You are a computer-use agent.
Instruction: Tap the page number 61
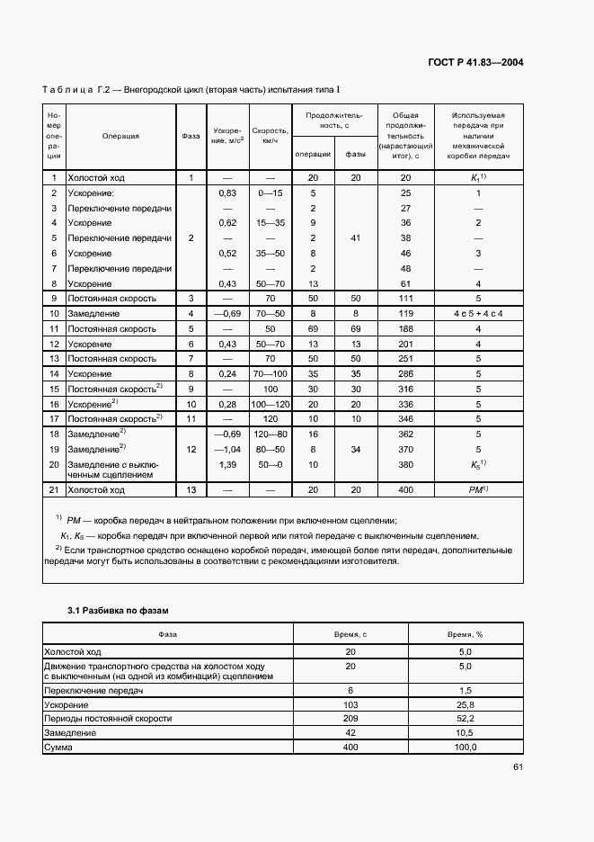(519, 767)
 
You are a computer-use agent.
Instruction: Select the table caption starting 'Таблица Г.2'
(191, 90)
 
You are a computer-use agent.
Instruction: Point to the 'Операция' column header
(120, 137)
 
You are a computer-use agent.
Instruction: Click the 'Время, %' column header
(465, 634)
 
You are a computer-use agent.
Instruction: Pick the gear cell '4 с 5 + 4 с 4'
(478, 314)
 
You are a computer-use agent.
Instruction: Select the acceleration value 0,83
(227, 193)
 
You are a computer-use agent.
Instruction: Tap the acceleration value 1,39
(227, 464)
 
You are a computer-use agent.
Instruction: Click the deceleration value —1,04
(227, 449)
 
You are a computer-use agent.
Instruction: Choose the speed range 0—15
(270, 193)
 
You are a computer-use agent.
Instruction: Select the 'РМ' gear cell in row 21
(478, 489)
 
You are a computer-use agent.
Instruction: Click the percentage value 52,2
(465, 719)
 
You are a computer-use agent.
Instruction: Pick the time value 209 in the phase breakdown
(350, 719)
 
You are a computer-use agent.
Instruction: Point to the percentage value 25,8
(465, 705)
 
